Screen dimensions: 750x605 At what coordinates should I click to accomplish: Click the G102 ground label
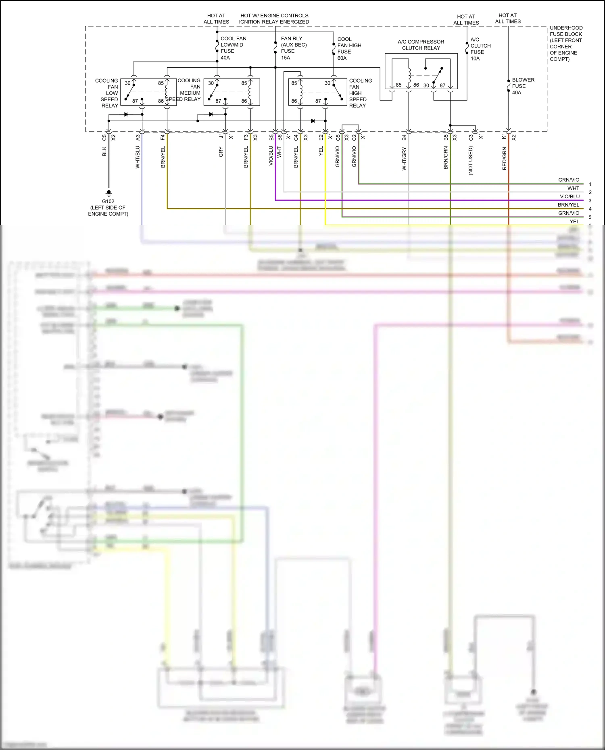coord(108,202)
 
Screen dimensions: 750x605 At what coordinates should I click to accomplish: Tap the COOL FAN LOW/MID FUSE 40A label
coord(233,48)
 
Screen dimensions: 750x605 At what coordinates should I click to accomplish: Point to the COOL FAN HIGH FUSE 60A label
coord(349,48)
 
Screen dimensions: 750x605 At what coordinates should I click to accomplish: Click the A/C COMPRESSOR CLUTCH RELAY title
coord(421,45)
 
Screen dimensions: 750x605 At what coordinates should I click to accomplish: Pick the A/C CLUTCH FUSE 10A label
coord(480,49)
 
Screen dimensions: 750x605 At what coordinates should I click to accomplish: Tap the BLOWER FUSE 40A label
coord(523,86)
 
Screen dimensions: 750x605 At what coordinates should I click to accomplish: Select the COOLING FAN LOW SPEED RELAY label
coord(107,93)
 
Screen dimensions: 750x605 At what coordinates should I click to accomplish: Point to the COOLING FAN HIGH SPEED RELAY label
coord(360,93)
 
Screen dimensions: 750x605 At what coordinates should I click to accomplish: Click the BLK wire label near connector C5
coord(104,152)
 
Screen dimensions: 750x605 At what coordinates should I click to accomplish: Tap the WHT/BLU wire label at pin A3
coord(138,157)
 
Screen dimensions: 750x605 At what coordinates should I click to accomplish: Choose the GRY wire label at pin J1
coord(221,152)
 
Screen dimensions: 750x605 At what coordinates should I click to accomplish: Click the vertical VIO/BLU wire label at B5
coord(271,156)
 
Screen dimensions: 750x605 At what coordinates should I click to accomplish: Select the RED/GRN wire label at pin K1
coord(504,158)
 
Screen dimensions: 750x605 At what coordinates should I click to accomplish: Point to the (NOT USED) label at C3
coord(471,160)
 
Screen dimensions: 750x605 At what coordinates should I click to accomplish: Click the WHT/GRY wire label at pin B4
coord(404,159)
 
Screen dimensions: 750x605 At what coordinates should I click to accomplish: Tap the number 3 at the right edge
coord(590,200)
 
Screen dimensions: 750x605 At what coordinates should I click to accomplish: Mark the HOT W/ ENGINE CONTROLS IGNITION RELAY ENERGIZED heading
coord(274,19)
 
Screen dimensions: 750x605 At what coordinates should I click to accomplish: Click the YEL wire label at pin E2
coord(321,152)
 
